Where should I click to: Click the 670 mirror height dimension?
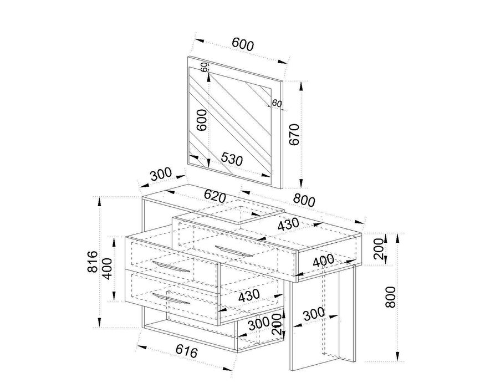pos(294,134)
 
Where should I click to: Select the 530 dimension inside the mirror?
pos(232,159)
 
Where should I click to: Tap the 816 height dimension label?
pos(93,262)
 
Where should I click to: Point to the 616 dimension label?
pos(186,351)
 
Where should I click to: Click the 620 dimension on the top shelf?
pos(215,196)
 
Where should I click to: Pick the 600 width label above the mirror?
pos(243,44)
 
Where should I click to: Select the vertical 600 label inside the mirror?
pos(202,120)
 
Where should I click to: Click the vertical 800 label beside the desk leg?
pos(390,297)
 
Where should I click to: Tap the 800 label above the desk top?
pos(304,200)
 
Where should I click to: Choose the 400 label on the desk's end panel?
pos(324,261)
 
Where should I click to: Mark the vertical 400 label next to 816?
pos(108,269)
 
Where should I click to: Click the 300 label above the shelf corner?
pos(161,174)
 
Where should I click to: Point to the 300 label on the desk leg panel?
pos(314,314)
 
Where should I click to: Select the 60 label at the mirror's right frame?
pos(277,103)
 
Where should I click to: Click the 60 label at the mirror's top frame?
pos(204,67)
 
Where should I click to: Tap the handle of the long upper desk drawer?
pos(234,251)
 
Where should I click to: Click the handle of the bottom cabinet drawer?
pos(171,299)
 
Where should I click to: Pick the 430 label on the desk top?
pos(289,224)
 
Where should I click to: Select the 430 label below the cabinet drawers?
pos(249,295)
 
